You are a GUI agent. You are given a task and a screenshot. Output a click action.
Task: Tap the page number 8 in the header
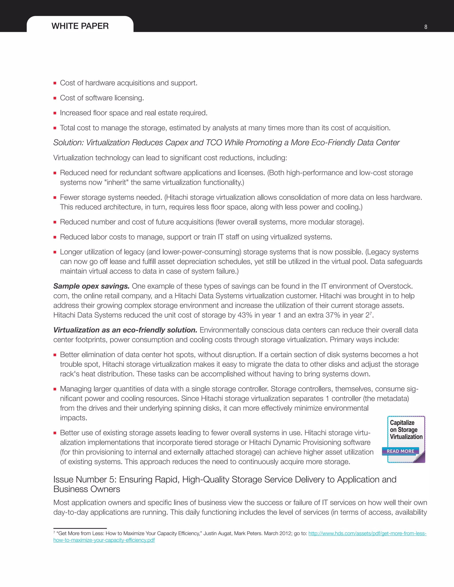[425, 27]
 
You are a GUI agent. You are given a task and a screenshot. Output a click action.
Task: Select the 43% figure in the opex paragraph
[245, 315]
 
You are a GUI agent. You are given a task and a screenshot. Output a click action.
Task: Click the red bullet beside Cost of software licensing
[55, 98]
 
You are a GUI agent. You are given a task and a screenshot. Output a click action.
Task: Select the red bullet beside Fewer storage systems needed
[55, 198]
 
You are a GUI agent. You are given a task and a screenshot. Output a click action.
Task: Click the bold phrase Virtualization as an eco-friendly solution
[125, 330]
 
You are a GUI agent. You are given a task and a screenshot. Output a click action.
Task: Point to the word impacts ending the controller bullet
[73, 418]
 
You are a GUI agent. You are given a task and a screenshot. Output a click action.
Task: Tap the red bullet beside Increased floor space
[55, 113]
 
